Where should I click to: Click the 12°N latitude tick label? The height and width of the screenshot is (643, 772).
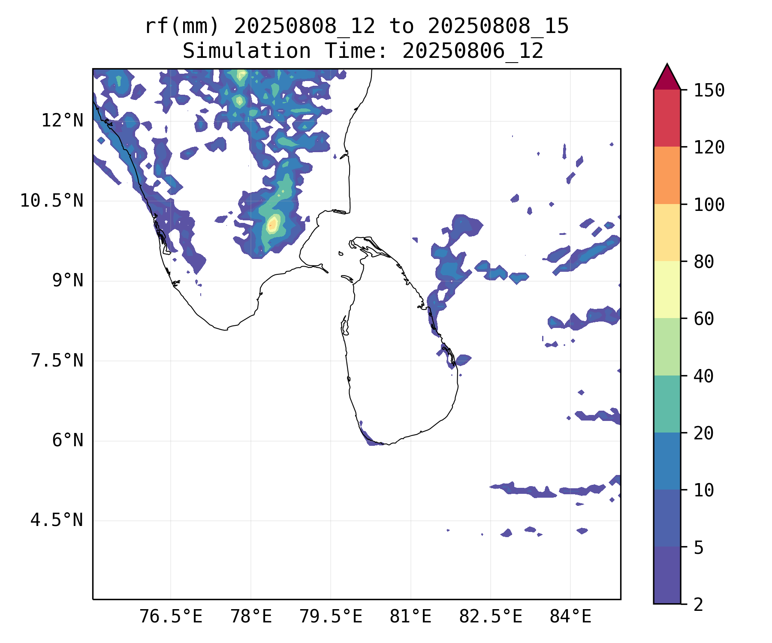tap(62, 121)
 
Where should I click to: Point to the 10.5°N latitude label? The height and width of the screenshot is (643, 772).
tap(52, 201)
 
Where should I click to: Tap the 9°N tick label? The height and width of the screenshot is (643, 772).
tap(68, 281)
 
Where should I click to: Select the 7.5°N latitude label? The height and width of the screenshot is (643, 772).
tap(57, 361)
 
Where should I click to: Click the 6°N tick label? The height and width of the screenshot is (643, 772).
tap(68, 441)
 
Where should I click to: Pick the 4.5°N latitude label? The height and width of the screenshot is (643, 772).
tap(57, 520)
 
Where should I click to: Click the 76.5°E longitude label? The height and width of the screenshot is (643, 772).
tap(171, 617)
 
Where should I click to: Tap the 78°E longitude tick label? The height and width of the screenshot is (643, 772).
tap(251, 617)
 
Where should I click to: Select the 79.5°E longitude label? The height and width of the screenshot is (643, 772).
tap(331, 617)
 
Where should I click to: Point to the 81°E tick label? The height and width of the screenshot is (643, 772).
tap(410, 617)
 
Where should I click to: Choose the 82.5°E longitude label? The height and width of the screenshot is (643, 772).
tap(491, 617)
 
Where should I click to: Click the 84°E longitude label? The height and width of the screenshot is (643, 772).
tap(570, 617)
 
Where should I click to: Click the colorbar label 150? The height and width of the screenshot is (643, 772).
tap(709, 90)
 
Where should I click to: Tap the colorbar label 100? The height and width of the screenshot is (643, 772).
tap(709, 204)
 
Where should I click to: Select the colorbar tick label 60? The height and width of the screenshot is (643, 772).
tap(704, 318)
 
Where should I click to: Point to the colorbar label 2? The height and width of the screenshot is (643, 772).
tap(699, 604)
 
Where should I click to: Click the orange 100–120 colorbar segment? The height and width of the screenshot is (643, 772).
tap(667, 175)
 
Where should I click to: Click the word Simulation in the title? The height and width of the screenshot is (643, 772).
tap(247, 51)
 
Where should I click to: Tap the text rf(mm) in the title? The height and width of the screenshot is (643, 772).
tap(182, 27)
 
